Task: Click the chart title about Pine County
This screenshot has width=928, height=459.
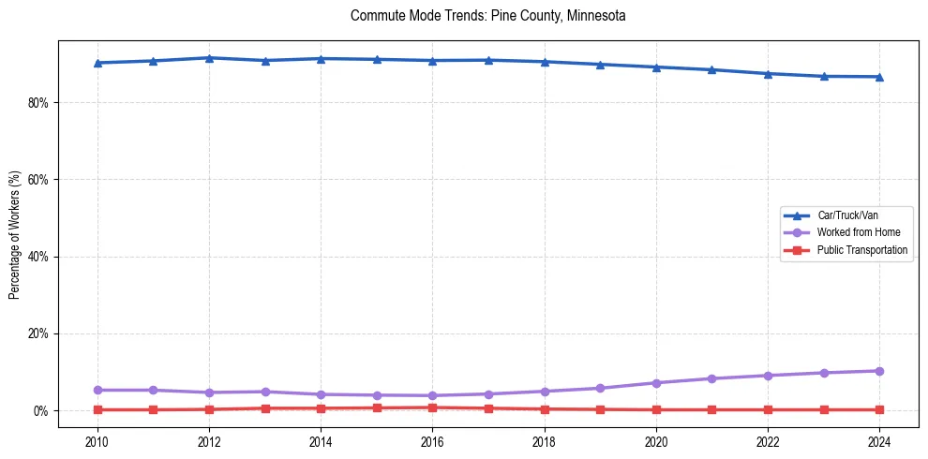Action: tap(487, 16)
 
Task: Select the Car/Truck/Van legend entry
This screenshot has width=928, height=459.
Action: tap(847, 215)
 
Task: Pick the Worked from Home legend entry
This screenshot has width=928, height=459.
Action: tap(857, 232)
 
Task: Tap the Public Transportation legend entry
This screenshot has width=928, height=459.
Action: tap(862, 250)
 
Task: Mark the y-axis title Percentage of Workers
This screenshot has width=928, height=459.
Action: tap(15, 234)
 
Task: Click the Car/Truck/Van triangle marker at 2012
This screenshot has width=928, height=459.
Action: tap(209, 58)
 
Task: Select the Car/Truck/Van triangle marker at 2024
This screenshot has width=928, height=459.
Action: tap(879, 77)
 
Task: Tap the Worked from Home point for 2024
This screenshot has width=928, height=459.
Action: tap(879, 371)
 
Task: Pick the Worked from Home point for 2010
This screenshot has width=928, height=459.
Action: tap(97, 390)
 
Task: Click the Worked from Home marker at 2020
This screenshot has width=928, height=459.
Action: tap(656, 383)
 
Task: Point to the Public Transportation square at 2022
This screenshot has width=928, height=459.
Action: tap(768, 409)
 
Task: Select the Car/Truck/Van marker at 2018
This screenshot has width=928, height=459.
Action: tap(545, 62)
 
